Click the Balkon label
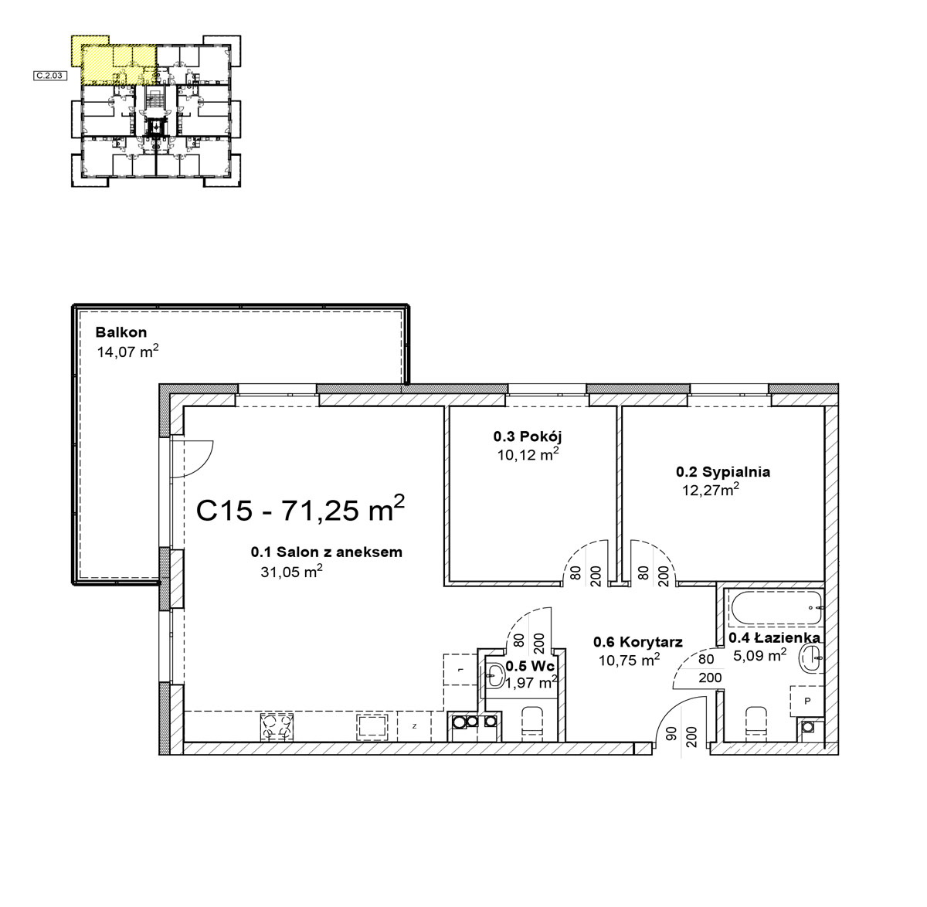coord(121,332)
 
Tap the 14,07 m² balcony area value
coord(127,351)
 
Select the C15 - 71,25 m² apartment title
coord(300,509)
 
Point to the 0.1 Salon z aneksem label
coord(326,552)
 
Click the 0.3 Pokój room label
coord(528,436)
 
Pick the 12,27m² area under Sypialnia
coord(711,489)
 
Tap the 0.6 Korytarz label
coord(638,642)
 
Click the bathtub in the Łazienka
coord(777,607)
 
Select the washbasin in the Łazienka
coord(811,659)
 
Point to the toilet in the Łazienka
coord(756,724)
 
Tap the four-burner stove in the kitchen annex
coord(277,727)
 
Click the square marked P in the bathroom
coord(807,701)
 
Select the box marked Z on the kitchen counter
coord(414,726)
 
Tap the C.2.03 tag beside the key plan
coord(50,76)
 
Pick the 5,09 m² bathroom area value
coord(760,655)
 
